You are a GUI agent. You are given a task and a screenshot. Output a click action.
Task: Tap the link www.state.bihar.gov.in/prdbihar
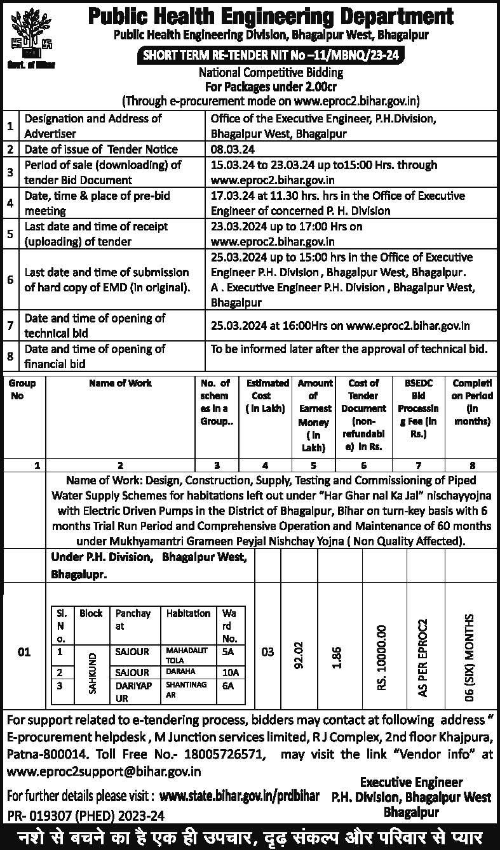(239, 796)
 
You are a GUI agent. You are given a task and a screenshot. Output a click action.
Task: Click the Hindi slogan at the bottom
(250, 836)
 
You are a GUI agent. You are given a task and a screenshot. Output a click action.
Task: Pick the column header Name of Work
(120, 383)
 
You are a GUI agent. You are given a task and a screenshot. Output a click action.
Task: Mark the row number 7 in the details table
(10, 325)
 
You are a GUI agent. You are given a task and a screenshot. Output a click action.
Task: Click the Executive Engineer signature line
(411, 782)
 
